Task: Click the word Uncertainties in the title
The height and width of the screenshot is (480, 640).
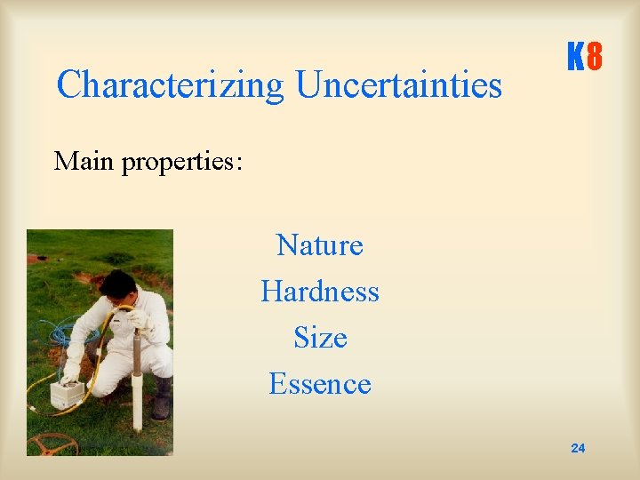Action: (398, 86)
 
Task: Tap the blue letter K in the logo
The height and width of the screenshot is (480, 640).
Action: (575, 60)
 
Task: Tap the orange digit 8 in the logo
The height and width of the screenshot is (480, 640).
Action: (595, 60)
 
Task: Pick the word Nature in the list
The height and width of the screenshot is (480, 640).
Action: (319, 244)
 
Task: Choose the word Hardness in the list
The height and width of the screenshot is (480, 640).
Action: (319, 292)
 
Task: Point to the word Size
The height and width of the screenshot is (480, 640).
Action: (319, 339)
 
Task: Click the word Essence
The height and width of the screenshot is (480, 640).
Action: (319, 384)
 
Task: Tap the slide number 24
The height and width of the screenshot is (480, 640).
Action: (578, 448)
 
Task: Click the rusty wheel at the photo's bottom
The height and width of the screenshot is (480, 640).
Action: (52, 443)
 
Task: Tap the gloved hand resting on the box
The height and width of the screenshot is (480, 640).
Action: (70, 371)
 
